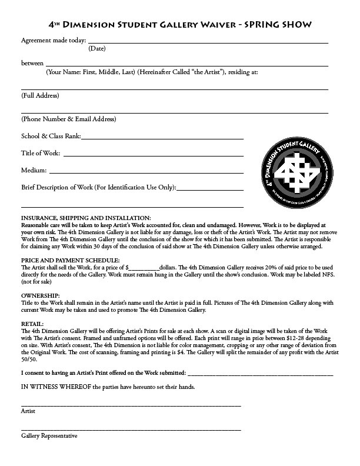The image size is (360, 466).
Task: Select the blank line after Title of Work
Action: (x=153, y=155)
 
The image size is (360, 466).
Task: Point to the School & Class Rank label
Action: (x=51, y=136)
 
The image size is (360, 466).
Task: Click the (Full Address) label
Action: (x=40, y=95)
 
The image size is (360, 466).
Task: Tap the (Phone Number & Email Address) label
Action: (x=68, y=119)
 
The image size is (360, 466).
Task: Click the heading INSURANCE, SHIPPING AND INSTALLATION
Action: (x=86, y=218)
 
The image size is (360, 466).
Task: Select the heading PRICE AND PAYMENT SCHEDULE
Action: (x=70, y=259)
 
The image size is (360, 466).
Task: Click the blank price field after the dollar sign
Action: (x=145, y=267)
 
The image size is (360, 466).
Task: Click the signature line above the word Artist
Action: (x=131, y=405)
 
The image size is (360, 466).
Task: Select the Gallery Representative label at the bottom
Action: (x=49, y=436)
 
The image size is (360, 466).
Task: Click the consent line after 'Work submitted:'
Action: (x=260, y=373)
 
